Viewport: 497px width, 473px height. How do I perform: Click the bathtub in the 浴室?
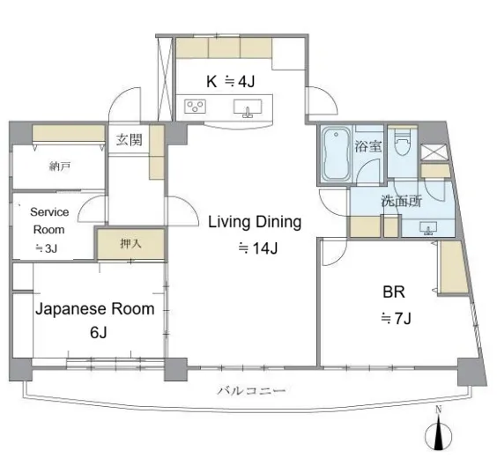coord(337,154)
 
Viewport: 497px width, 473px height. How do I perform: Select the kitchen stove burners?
coord(195,106)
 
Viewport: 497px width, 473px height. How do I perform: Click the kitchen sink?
coord(248,108)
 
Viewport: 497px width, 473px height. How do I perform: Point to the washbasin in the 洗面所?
coord(428,228)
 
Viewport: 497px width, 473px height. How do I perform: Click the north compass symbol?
coord(438,433)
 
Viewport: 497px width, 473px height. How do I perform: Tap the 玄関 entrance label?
coord(129,140)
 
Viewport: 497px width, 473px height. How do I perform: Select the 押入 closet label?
coord(130,243)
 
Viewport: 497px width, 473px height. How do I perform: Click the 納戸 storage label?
coord(60,166)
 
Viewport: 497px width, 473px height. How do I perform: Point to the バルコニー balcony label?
coord(251,390)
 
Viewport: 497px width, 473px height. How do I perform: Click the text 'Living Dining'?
coord(255,222)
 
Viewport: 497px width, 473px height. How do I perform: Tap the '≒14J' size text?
coord(258,248)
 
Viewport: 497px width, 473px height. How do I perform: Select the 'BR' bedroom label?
coord(394,292)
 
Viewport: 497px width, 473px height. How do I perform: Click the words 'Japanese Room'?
coord(95,309)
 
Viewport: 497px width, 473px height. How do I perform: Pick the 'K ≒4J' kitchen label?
coord(230,81)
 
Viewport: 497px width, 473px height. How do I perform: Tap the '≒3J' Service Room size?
coord(47,248)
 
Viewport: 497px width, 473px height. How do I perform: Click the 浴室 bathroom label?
coord(368,146)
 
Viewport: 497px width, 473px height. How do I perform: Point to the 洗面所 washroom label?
coord(402,201)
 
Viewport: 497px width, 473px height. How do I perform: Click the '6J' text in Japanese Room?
coord(99,332)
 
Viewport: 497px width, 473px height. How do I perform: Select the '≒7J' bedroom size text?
coord(396,318)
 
